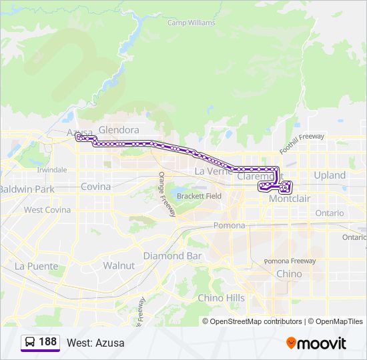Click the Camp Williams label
(x=191, y=23)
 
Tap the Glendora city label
(x=119, y=130)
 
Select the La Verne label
(x=212, y=171)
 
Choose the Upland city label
(x=330, y=175)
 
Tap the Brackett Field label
(x=199, y=196)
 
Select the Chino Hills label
(x=221, y=298)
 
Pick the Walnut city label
(x=119, y=265)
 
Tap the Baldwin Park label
(x=27, y=189)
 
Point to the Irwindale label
(x=52, y=170)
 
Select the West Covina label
(x=47, y=210)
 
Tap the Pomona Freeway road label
(x=290, y=261)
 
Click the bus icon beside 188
(x=31, y=342)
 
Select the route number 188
(x=48, y=342)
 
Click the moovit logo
(x=316, y=343)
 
